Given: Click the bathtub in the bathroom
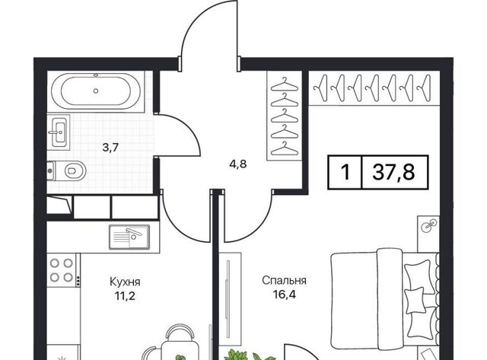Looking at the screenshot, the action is tap(96, 91).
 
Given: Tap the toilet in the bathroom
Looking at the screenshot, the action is tap(66, 170).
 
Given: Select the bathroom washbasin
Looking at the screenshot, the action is tap(59, 132).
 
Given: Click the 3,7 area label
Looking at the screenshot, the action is tap(110, 148).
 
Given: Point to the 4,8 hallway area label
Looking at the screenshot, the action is tap(238, 164).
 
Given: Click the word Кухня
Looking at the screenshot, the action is tap(125, 282).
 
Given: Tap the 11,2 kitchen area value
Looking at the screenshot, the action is tap(125, 296).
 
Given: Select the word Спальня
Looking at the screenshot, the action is tap(284, 281).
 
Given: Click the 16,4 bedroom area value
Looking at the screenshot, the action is tap(284, 294).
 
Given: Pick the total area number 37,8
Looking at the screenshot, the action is tap(393, 172).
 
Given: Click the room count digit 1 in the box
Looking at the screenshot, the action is tap(345, 172).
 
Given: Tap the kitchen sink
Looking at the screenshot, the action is tap(129, 237).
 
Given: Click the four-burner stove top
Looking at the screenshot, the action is tap(62, 270).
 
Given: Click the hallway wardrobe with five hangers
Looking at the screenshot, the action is tap(285, 116).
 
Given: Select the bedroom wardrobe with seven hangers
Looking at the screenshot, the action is tap(374, 88).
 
